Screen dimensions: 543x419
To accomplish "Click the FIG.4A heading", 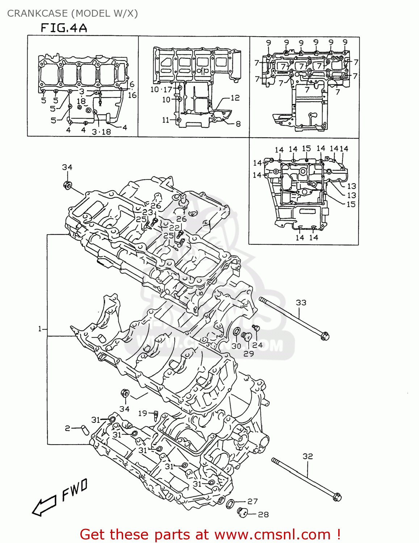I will click(64, 28).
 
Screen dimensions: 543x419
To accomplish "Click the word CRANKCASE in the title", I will click(37, 13).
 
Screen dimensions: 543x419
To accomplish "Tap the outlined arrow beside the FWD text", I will click(44, 505).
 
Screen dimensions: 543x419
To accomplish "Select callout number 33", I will click(301, 303).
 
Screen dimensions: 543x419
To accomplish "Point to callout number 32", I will click(307, 456).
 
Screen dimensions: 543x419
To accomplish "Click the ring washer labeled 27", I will click(230, 503).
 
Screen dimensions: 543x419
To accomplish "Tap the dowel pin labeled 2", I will click(85, 430).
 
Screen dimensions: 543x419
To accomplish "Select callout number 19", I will click(143, 413).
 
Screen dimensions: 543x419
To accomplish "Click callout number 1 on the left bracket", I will click(40, 329).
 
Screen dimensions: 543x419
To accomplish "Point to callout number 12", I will click(235, 98).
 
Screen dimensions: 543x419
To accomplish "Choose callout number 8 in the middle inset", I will click(238, 124).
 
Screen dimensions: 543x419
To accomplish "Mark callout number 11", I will click(166, 120).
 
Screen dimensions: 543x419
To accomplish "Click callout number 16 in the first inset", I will click(132, 95).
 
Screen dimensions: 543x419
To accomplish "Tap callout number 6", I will click(132, 85).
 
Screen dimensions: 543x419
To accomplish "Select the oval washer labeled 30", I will click(236, 332).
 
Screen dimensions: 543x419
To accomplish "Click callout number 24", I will click(257, 345).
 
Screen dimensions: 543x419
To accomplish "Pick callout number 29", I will click(248, 354).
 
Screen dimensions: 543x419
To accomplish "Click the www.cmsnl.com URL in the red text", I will click(272, 535).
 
